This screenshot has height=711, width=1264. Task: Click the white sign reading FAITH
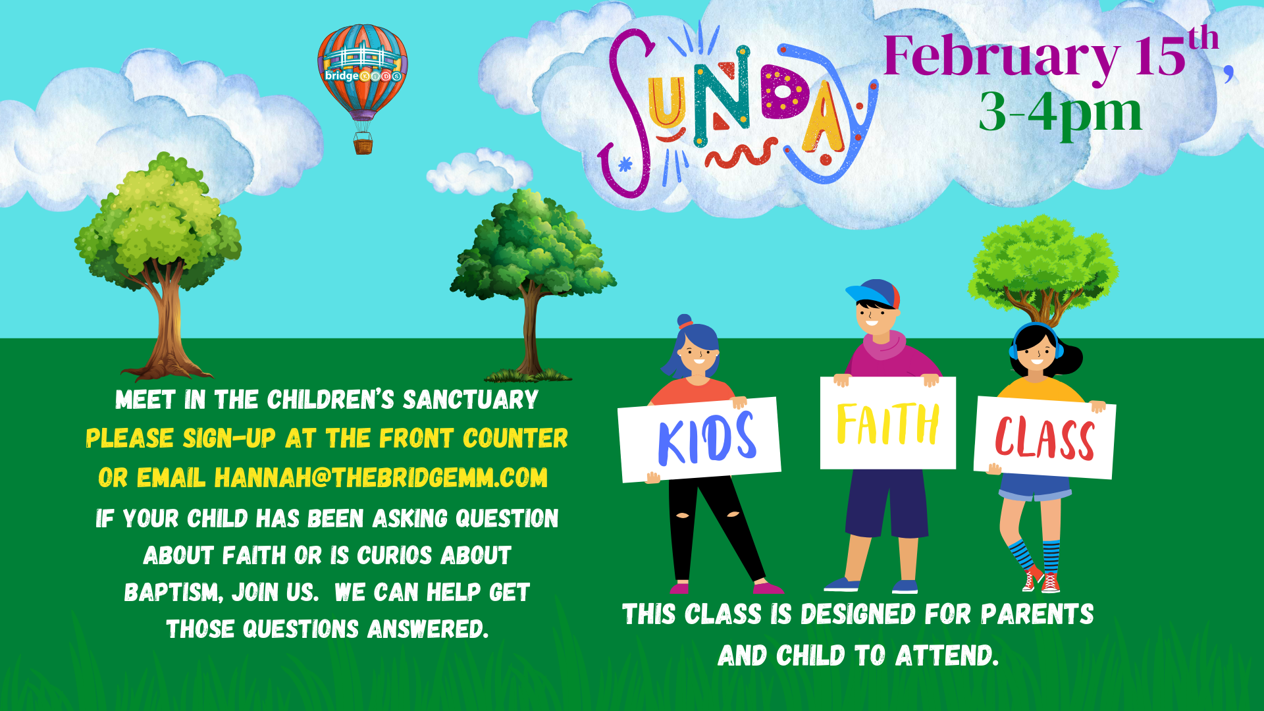pyautogui.click(x=887, y=423)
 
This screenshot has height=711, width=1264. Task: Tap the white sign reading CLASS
pyautogui.click(x=1044, y=438)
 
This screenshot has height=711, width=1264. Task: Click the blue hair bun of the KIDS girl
pyautogui.click(x=685, y=321)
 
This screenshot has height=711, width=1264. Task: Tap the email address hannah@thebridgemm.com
pyautogui.click(x=381, y=478)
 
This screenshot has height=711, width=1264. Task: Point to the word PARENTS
pyautogui.click(x=1037, y=615)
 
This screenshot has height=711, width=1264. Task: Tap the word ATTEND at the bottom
pyautogui.click(x=946, y=656)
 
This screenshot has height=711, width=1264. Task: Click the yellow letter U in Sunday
pyautogui.click(x=666, y=103)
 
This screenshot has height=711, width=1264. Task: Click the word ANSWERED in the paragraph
pyautogui.click(x=428, y=629)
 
